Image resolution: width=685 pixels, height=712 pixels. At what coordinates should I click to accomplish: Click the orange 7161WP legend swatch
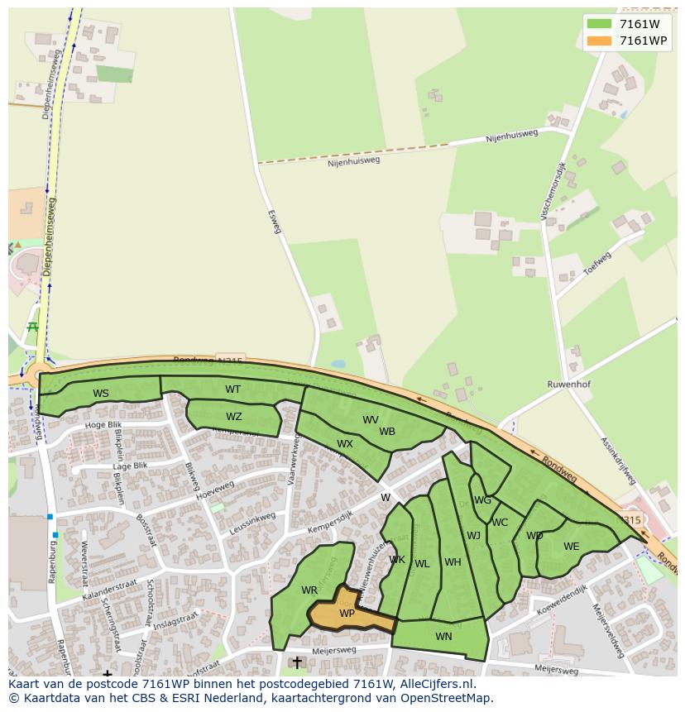click(600, 41)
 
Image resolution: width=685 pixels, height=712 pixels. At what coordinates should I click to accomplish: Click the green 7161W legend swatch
click(600, 24)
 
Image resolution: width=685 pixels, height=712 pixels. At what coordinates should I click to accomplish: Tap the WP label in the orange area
click(347, 614)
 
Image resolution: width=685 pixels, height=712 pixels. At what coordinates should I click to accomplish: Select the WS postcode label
click(101, 394)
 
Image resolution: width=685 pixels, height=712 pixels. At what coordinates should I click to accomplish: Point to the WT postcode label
click(233, 389)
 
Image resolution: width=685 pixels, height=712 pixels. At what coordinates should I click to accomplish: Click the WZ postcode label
click(234, 417)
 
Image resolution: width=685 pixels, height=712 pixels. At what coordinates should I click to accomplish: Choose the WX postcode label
click(345, 444)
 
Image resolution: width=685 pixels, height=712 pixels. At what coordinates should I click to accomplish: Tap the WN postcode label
click(443, 636)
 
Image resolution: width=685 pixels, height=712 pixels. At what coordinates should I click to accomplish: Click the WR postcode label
click(309, 590)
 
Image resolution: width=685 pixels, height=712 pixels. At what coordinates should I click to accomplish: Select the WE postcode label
click(572, 547)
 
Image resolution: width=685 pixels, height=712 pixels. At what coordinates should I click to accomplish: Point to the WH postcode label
click(453, 562)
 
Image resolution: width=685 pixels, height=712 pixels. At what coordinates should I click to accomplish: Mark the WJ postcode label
click(473, 536)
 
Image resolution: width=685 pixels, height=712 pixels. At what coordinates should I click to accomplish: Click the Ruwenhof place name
click(568, 385)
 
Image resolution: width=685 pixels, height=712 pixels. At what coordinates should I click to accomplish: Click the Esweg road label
click(274, 220)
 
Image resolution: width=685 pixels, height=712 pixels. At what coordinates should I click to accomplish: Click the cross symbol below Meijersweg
click(297, 663)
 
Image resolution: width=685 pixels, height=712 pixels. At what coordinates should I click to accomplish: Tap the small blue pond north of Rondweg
click(338, 364)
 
